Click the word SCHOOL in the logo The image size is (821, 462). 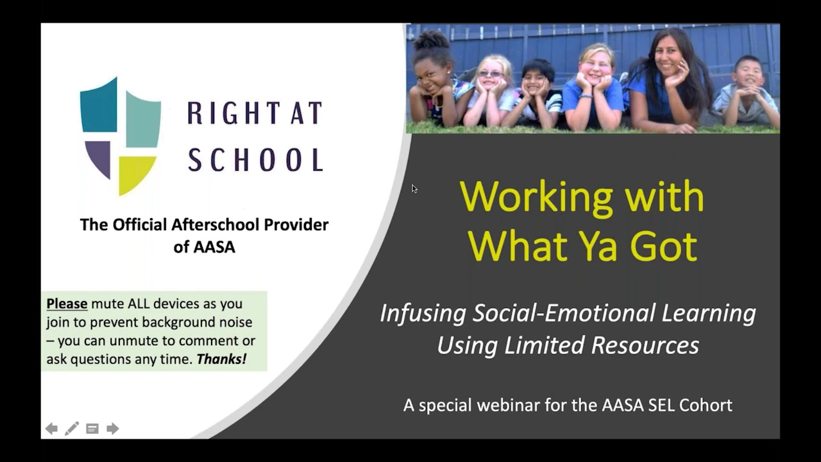(x=256, y=160)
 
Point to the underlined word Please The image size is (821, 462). (x=67, y=304)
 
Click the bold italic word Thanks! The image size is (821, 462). (x=221, y=359)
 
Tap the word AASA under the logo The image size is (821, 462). (x=214, y=247)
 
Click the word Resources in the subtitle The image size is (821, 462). (x=645, y=345)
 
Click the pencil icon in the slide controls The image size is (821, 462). (x=72, y=428)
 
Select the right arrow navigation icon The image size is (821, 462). (x=112, y=428)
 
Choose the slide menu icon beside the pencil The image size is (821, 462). (x=92, y=429)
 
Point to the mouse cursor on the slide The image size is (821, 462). (x=414, y=189)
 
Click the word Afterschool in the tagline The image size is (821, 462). (x=216, y=225)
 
